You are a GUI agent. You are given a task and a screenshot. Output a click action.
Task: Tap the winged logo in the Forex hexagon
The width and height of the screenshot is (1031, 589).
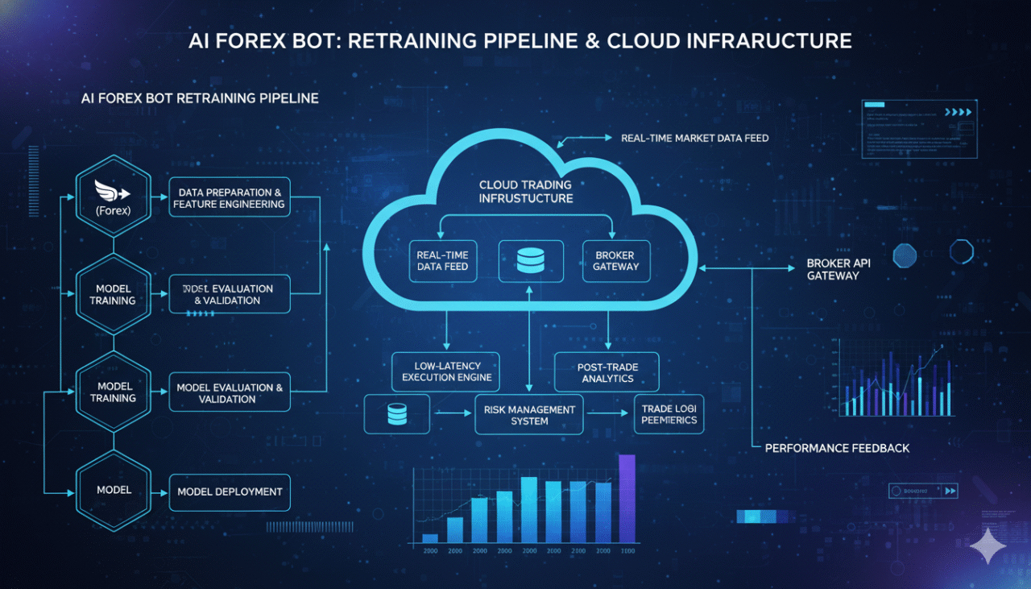[112, 190]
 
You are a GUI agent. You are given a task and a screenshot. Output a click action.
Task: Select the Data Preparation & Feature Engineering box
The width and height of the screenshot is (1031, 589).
[229, 198]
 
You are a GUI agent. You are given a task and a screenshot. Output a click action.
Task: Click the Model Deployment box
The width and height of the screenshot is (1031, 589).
[230, 492]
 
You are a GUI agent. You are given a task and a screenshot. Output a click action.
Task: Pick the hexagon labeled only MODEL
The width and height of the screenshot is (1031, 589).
[114, 490]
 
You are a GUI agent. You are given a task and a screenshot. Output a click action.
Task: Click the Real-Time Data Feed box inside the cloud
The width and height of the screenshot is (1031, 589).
[443, 260]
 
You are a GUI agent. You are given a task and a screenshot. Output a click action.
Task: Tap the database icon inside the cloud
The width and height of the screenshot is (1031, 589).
[530, 260]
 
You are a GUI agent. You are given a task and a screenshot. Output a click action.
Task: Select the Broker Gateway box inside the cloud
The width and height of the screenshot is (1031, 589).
[616, 260]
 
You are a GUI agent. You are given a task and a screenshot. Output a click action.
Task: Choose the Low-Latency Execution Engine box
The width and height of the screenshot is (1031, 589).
[446, 371]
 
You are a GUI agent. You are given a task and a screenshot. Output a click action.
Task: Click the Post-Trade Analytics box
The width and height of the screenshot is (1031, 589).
[607, 372]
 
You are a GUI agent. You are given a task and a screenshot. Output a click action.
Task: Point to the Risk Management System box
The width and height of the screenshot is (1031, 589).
[529, 414]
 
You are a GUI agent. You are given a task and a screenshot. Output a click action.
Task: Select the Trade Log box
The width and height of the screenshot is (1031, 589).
[669, 414]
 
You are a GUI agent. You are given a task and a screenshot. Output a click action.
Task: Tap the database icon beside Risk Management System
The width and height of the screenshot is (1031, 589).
[397, 414]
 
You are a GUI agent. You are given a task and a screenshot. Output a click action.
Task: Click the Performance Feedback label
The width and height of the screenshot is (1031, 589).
[837, 447]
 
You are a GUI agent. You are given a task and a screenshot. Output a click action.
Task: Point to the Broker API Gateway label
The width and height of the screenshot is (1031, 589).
[838, 270]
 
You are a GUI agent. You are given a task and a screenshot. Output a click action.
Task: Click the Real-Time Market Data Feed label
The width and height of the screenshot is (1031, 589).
[694, 139]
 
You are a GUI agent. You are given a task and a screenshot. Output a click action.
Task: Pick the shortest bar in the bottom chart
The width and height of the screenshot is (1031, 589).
[430, 537]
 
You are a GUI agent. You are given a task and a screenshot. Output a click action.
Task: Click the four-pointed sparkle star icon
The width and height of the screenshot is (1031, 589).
[988, 545]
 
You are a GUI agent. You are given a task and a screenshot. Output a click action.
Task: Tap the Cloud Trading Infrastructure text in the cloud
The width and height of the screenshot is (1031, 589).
[526, 191]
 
